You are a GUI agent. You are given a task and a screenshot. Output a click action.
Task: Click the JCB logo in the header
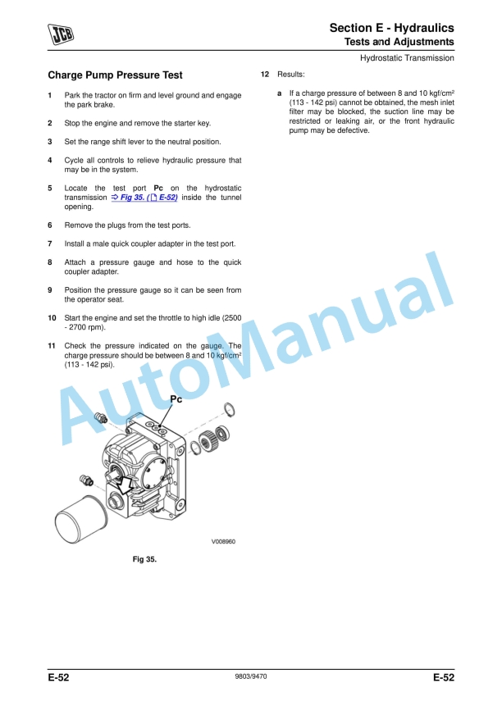[60, 34]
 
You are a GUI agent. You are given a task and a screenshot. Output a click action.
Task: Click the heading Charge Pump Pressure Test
[115, 75]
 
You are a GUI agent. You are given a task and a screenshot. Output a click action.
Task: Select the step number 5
[50, 188]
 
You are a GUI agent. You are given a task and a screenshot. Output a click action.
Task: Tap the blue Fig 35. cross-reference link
[144, 198]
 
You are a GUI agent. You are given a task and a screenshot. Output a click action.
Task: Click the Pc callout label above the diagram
[176, 399]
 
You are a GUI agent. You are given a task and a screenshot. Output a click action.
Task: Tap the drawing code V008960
[223, 541]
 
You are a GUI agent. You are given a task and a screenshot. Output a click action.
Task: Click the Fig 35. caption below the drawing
[144, 559]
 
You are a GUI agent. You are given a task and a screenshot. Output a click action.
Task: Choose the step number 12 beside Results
[265, 75]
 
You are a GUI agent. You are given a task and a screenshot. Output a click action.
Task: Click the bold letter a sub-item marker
[280, 93]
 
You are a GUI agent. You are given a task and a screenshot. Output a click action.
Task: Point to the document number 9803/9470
[251, 677]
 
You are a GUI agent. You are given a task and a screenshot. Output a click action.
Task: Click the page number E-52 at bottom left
[58, 678]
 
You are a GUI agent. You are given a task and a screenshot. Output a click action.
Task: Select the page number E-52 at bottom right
[444, 678]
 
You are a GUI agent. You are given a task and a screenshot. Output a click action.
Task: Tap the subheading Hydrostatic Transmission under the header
[407, 58]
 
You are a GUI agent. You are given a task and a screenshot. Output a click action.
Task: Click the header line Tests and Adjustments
[399, 42]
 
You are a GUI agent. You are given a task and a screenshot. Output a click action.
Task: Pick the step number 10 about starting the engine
[52, 317]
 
